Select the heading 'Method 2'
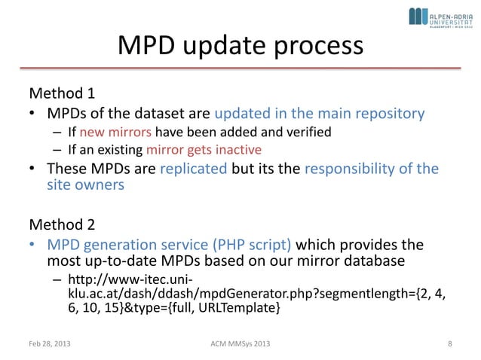click(x=62, y=224)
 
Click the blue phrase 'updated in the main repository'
click(x=320, y=114)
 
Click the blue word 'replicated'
click(x=194, y=168)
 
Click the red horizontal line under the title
click(x=240, y=68)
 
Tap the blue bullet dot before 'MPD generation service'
click(x=33, y=246)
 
